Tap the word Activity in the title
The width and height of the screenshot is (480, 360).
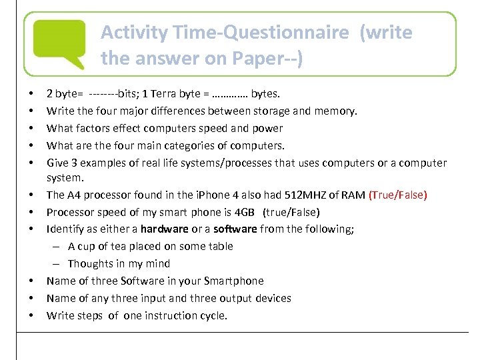pyautogui.click(x=133, y=32)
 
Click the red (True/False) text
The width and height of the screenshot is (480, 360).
pyautogui.click(x=397, y=195)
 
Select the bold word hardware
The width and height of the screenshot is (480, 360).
pyautogui.click(x=164, y=229)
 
